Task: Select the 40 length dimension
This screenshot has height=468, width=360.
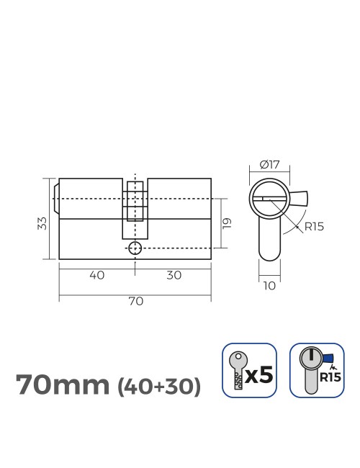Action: [x=96, y=275]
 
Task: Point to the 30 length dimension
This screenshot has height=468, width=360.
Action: [x=173, y=275]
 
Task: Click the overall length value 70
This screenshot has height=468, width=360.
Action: [x=135, y=302]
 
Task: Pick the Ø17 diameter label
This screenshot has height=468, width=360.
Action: [x=269, y=164]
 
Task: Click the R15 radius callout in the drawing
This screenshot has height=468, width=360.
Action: [x=314, y=226]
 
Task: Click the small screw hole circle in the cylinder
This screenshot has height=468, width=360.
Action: [x=135, y=248]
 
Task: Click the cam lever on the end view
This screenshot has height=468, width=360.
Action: [x=300, y=197]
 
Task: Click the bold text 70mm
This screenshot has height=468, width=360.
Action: [x=62, y=385]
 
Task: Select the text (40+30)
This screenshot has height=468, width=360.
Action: [x=158, y=387]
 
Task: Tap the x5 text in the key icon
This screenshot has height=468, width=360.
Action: [x=259, y=375]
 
